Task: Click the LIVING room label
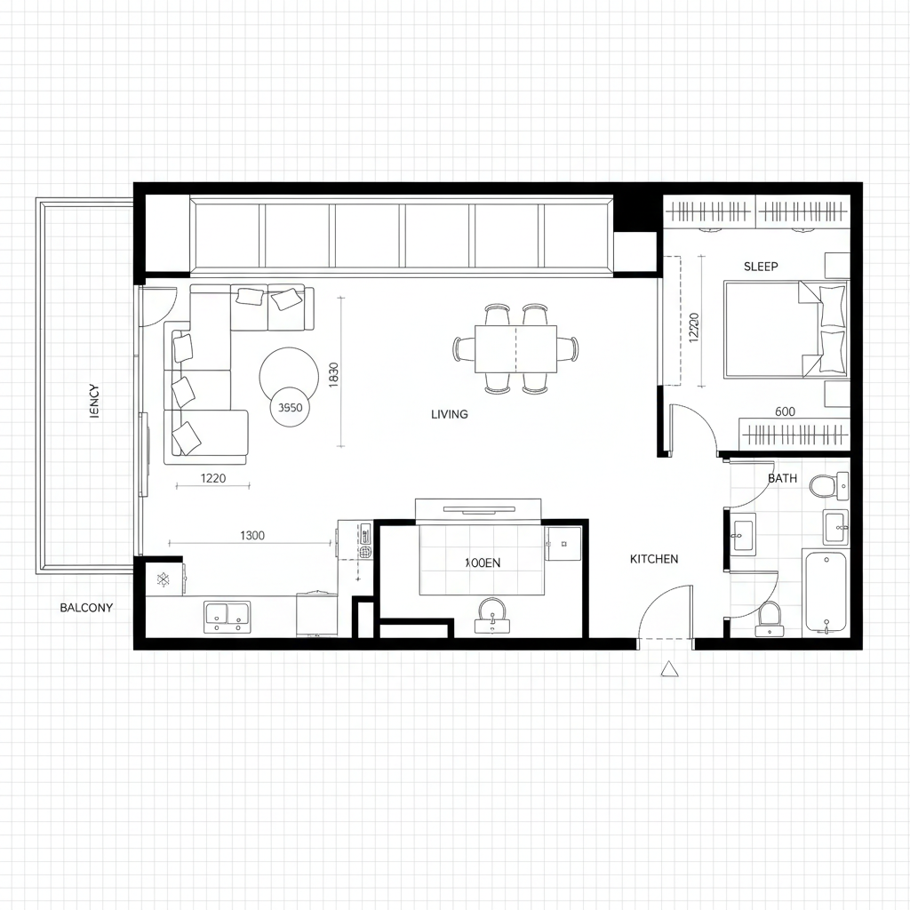click(x=449, y=414)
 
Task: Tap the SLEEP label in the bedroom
click(x=761, y=267)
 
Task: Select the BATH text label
click(x=782, y=478)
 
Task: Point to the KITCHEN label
click(x=654, y=559)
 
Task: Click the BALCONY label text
click(x=86, y=608)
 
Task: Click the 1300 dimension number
click(x=252, y=535)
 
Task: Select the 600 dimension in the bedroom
click(x=785, y=411)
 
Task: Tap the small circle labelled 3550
click(x=291, y=409)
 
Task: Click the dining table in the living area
click(x=515, y=348)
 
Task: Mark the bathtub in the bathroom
click(x=826, y=592)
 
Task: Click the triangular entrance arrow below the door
click(x=668, y=669)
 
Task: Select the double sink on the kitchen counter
click(x=227, y=615)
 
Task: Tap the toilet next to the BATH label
click(x=826, y=485)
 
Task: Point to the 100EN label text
click(x=483, y=563)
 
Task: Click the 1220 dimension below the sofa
click(x=213, y=478)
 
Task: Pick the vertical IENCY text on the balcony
click(x=96, y=402)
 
